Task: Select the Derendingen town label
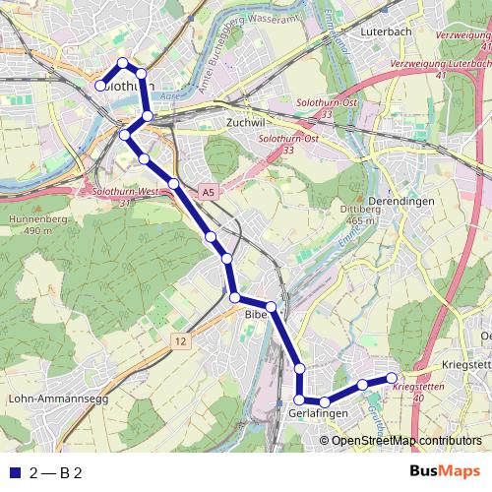(399, 200)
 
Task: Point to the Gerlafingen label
(319, 416)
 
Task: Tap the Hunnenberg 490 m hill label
(29, 225)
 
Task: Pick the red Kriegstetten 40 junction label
(421, 392)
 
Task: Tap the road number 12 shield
(179, 340)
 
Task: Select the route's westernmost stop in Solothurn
(100, 86)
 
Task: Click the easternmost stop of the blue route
(392, 378)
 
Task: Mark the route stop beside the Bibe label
(271, 307)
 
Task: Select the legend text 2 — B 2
(55, 472)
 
